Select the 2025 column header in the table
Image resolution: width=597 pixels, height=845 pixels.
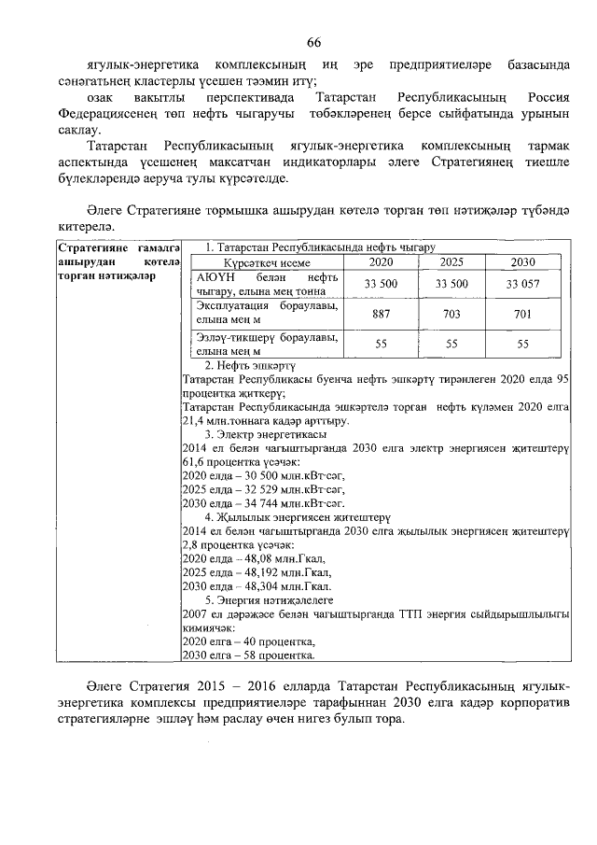[x=451, y=262]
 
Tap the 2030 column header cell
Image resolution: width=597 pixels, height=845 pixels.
[x=523, y=262]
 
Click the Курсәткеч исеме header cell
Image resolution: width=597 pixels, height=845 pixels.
[x=267, y=263]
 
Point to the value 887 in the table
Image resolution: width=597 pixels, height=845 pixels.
[x=381, y=314]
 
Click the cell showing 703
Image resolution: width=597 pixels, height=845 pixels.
[x=451, y=314]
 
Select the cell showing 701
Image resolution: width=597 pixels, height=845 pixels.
[x=523, y=314]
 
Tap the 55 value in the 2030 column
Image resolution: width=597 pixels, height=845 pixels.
[x=523, y=345]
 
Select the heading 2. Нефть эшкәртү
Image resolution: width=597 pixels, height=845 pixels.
[x=250, y=366]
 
